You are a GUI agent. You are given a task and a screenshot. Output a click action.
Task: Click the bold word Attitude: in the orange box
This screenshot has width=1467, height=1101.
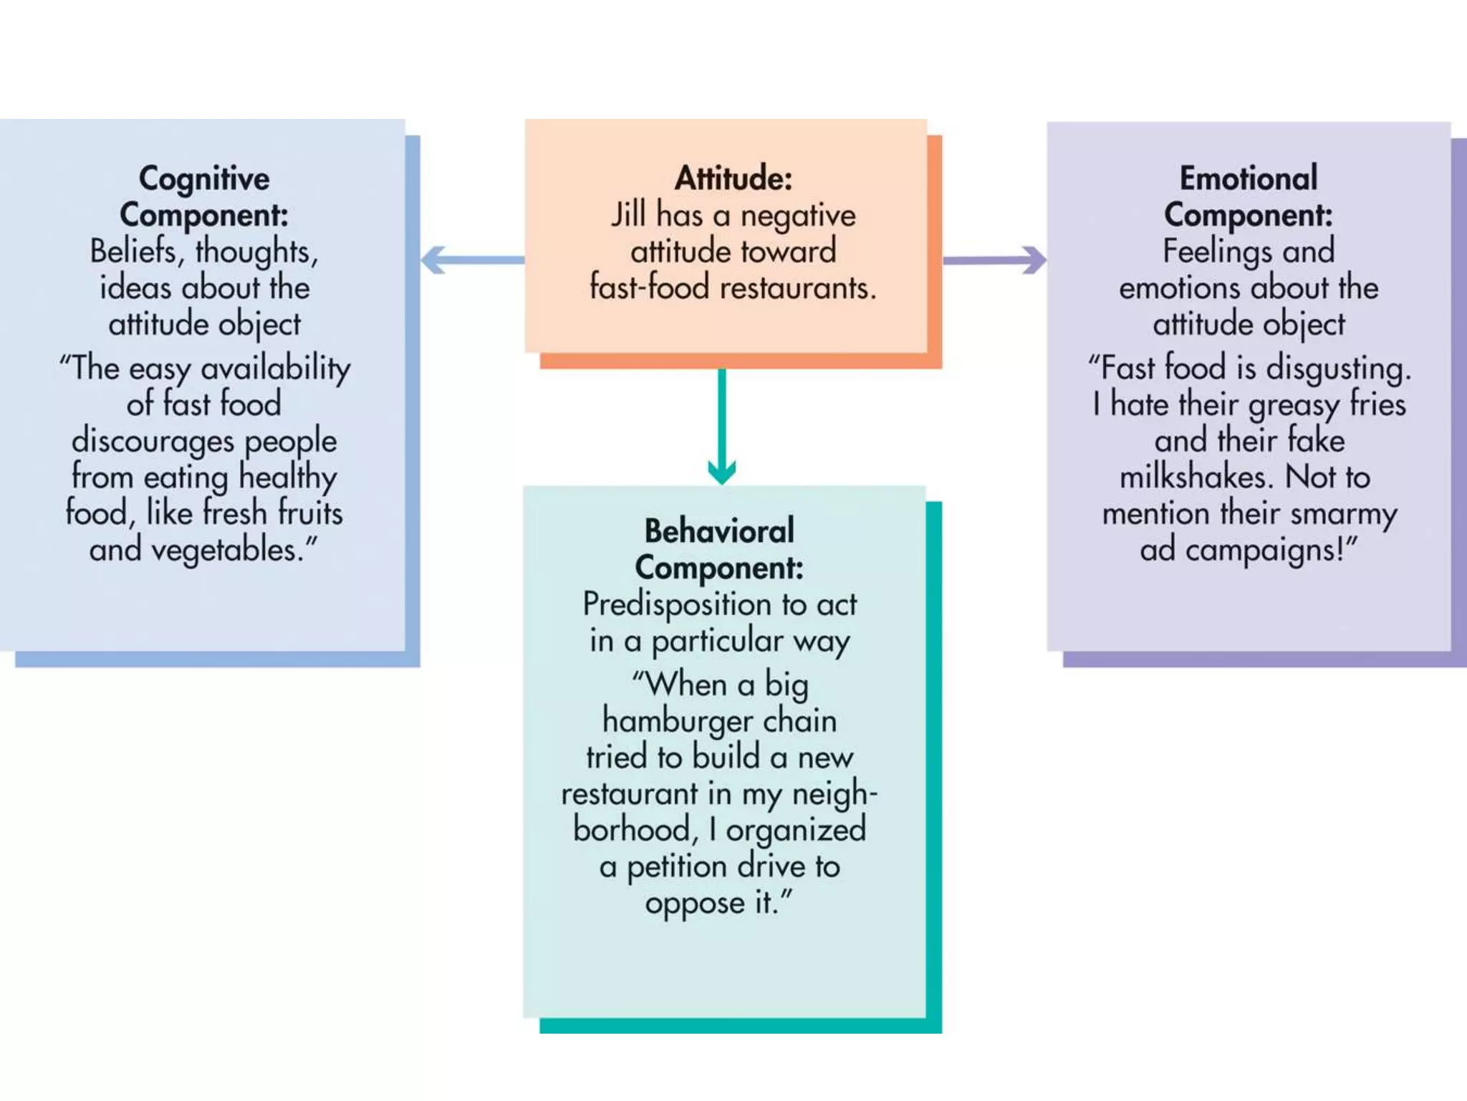click(733, 178)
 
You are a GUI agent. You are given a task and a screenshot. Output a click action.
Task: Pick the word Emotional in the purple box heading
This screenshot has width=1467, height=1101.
click(1249, 178)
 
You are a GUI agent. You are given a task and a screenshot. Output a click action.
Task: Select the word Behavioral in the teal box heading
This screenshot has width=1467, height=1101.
click(719, 531)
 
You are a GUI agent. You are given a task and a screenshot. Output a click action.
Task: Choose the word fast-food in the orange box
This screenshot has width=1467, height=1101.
click(650, 287)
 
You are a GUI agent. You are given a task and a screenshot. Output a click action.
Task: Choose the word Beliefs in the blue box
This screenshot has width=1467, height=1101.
click(133, 252)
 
